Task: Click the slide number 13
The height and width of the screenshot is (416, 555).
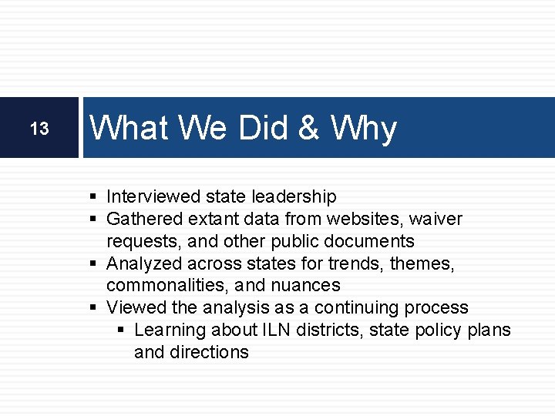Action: [x=39, y=129]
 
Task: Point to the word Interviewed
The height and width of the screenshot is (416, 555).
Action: [x=152, y=197]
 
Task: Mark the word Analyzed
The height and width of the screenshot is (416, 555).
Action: [x=141, y=263]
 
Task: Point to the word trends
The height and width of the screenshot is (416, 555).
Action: [x=356, y=263]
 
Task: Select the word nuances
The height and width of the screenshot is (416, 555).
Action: [x=308, y=286]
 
